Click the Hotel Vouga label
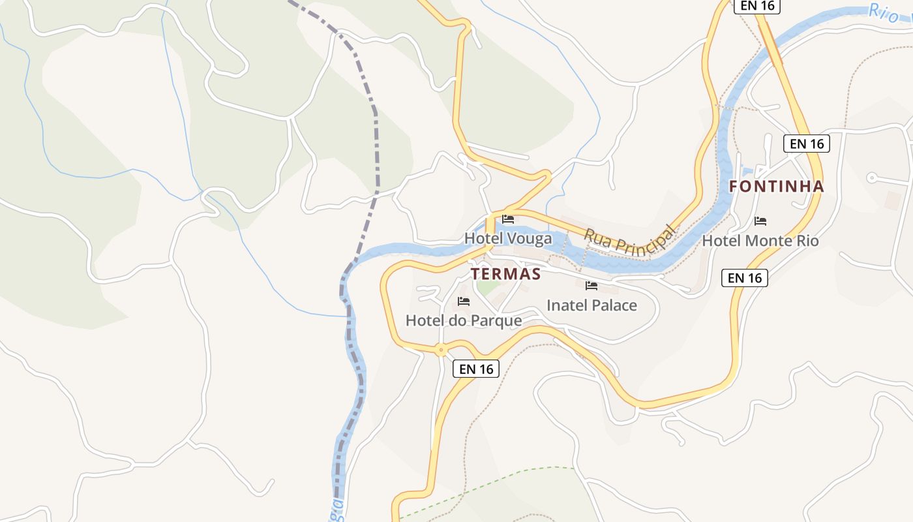pos(508,239)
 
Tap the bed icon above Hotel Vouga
pos(508,220)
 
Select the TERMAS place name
pos(506,274)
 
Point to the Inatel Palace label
pos(591,305)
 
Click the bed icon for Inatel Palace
pos(591,286)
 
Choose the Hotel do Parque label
pos(464,320)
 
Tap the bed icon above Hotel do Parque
pos(464,301)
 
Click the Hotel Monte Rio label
pos(760,241)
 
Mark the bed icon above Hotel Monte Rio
pos(760,221)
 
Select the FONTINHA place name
pos(776,187)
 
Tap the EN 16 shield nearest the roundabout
pos(476,369)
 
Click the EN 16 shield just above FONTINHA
pos(807,144)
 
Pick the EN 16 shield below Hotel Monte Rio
pos(745,278)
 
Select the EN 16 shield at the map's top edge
pos(757,6)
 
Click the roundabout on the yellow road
pos(442,350)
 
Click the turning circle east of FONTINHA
pos(871,177)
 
